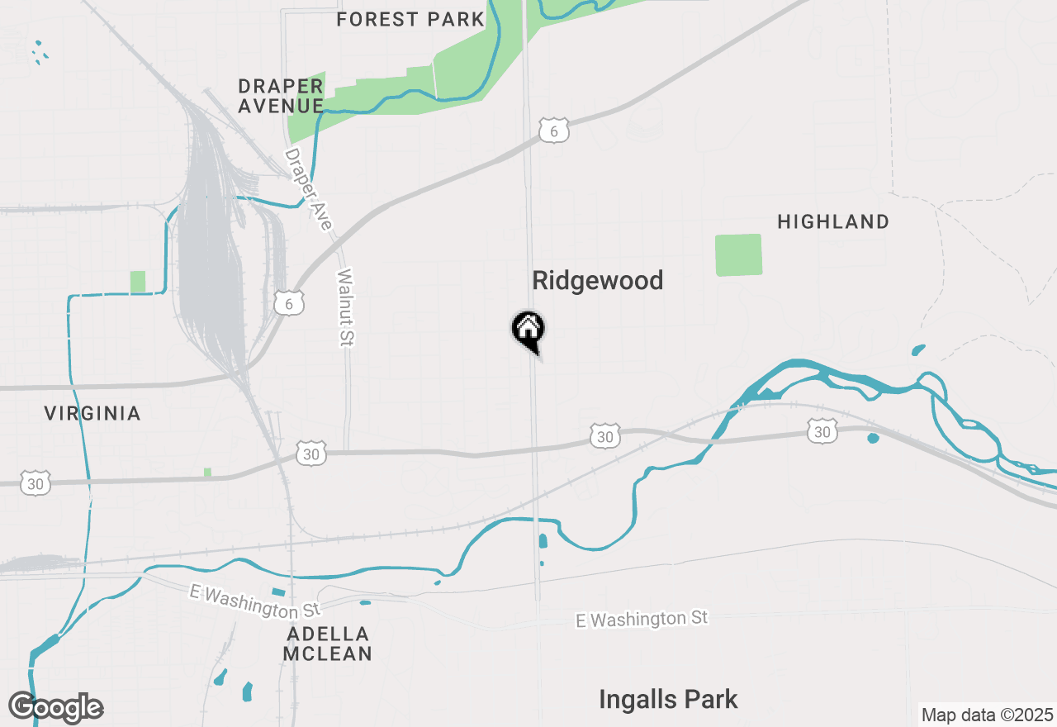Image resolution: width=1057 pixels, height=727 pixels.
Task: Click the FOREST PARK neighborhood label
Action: click(410, 19)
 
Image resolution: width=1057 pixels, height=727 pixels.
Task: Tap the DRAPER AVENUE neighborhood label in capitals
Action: click(280, 96)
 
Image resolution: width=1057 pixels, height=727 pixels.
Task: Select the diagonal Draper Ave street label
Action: click(308, 189)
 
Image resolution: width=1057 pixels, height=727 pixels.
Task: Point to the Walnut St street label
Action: click(345, 306)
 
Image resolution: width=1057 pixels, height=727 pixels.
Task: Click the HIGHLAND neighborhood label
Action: click(833, 221)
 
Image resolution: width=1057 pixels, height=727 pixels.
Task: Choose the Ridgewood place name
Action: click(597, 281)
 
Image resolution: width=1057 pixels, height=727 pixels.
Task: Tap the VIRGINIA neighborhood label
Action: click(92, 413)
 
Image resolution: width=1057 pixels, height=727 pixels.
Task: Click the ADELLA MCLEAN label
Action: click(328, 644)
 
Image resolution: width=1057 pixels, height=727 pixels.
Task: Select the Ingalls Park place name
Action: click(668, 700)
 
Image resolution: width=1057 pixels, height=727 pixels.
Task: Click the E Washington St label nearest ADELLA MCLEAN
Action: click(254, 602)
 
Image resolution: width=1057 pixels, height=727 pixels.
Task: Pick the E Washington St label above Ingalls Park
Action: click(642, 619)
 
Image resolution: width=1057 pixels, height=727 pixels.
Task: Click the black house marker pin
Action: click(528, 330)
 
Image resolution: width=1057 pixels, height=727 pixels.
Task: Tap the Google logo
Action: click(56, 708)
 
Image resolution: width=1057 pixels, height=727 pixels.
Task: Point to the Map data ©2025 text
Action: click(987, 715)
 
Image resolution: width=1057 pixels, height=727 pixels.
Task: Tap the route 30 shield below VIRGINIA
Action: click(36, 483)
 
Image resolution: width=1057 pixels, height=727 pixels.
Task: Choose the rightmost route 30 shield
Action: click(822, 430)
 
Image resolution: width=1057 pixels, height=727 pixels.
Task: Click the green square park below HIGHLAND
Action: click(738, 254)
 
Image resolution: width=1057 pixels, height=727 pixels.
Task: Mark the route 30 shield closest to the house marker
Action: click(605, 435)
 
